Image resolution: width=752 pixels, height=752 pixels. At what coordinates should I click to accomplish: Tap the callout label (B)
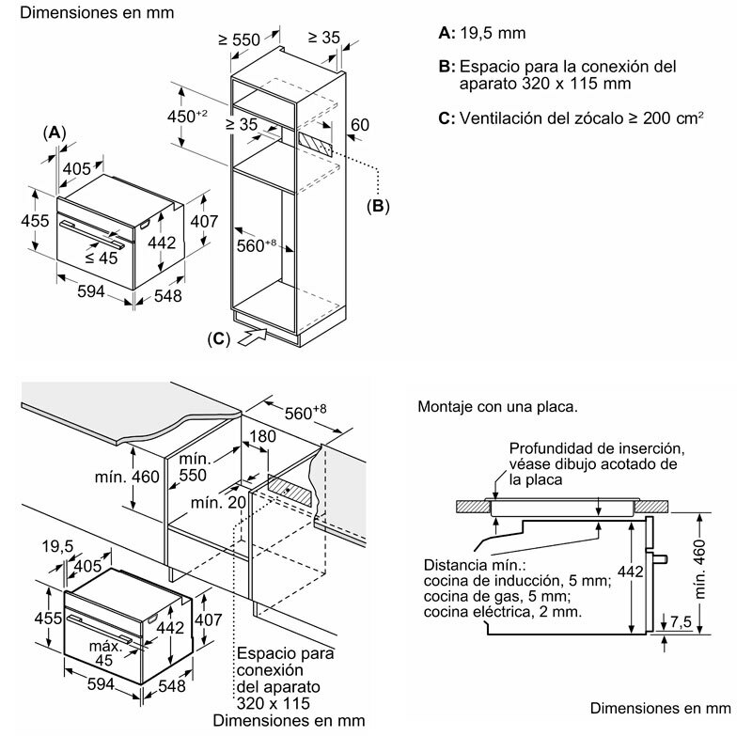(378, 206)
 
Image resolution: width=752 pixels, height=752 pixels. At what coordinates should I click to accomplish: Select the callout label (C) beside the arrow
(216, 339)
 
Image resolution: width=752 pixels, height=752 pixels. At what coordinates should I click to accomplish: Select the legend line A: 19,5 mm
(482, 33)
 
